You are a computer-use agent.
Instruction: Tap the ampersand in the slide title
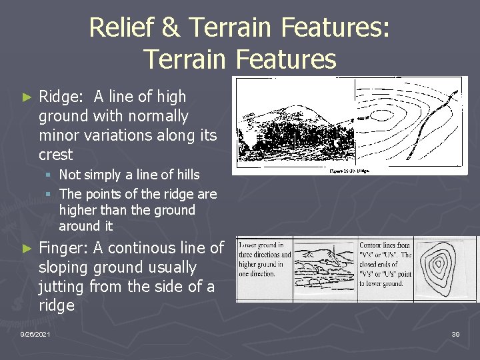pyautogui.click(x=171, y=28)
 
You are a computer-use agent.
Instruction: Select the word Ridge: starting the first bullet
pyautogui.click(x=61, y=97)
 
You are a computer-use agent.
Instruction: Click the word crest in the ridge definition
pyautogui.click(x=56, y=155)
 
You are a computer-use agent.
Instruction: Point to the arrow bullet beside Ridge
pyautogui.click(x=27, y=97)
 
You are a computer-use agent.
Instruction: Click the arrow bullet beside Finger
pyautogui.click(x=27, y=249)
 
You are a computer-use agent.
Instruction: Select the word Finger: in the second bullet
pyautogui.click(x=64, y=248)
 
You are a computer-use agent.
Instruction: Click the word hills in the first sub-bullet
pyautogui.click(x=184, y=175)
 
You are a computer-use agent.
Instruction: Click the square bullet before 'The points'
pyautogui.click(x=49, y=195)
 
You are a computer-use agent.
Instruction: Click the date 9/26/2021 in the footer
pyautogui.click(x=35, y=333)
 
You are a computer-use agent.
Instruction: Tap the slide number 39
pyautogui.click(x=455, y=333)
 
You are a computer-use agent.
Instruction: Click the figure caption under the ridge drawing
pyautogui.click(x=350, y=171)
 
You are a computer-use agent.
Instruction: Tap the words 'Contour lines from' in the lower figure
pyautogui.click(x=385, y=245)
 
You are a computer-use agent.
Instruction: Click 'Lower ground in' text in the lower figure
pyautogui.click(x=262, y=245)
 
